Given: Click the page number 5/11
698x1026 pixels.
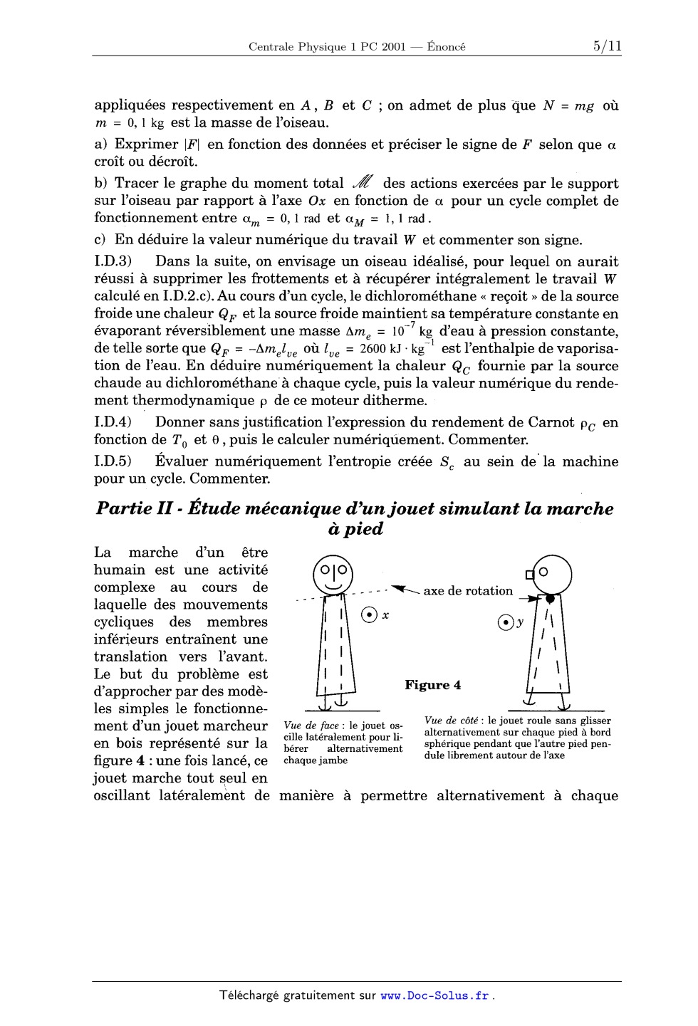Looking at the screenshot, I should (x=606, y=46).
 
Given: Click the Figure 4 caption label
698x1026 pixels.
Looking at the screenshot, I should (x=432, y=685).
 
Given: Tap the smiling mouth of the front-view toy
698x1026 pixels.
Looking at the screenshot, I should (x=333, y=585).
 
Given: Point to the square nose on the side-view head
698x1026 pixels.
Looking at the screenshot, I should (x=530, y=574).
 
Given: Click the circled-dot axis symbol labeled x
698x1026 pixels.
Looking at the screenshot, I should (x=369, y=614).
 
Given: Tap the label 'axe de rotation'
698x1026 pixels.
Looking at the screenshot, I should (x=468, y=591).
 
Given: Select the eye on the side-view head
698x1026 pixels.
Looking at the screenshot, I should (x=543, y=571).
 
